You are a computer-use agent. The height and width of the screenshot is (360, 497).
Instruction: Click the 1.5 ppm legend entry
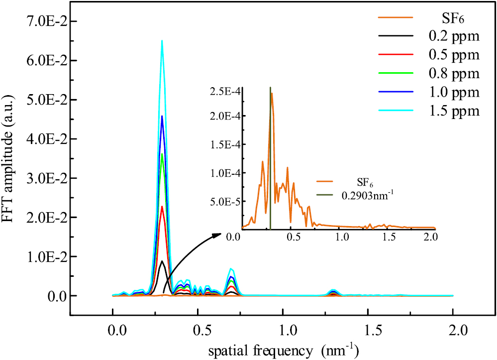(x=454, y=112)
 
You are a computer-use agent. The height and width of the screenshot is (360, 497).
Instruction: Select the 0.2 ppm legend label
(x=454, y=36)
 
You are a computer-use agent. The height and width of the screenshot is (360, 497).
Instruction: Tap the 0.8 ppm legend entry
(x=454, y=74)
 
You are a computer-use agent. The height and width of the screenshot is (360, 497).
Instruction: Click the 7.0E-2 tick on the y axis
(x=45, y=21)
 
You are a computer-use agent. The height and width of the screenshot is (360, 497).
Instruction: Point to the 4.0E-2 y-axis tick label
(x=45, y=139)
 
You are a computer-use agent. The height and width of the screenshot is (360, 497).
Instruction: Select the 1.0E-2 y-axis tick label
(x=45, y=257)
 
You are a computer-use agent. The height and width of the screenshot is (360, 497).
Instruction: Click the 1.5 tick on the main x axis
(x=368, y=330)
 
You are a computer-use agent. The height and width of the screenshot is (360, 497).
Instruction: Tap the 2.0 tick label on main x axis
(x=453, y=330)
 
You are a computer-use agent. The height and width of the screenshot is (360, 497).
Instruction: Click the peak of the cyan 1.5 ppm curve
(x=162, y=41)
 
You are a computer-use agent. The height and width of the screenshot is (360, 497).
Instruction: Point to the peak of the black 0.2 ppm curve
(x=162, y=261)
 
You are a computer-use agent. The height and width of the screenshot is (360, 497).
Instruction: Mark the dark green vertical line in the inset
(x=270, y=159)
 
